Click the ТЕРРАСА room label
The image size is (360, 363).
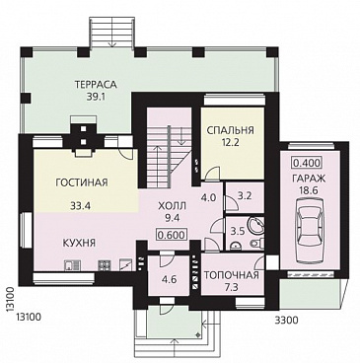point(96,85)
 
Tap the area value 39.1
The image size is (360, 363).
point(96,98)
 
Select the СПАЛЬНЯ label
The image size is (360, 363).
point(230,130)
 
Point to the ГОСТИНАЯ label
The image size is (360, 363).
point(82,182)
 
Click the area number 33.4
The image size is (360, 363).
point(81,206)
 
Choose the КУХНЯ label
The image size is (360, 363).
point(79,244)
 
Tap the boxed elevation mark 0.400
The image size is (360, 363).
point(306,163)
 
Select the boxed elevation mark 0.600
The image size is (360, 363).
point(171,235)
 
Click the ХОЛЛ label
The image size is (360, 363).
point(172,206)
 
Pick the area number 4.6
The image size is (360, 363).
point(169,280)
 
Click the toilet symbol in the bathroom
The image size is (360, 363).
point(257,244)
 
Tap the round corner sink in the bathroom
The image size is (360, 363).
point(256,225)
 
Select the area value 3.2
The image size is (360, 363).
point(245,196)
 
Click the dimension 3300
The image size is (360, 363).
point(286,320)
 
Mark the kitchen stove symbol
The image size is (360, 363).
point(105,264)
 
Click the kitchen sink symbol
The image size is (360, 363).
point(72,264)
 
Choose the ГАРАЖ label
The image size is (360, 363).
point(309,179)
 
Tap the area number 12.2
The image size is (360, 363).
point(230,143)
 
